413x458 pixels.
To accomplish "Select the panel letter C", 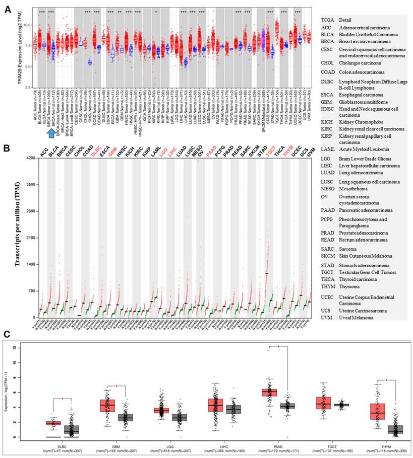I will click(6, 333).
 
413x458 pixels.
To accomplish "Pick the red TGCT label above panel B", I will click(271, 150).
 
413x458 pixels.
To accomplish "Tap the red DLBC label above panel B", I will click(96, 150).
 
